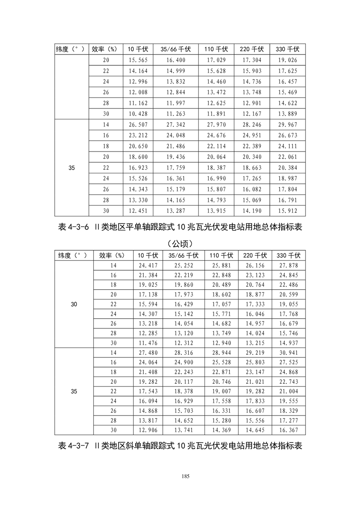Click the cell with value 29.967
[x=287, y=125]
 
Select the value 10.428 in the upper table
[x=138, y=114]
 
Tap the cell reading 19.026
[x=287, y=60]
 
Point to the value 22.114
[x=216, y=147]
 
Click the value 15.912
[x=287, y=211]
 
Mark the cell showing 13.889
[x=287, y=114]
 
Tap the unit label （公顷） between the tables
[x=180, y=243]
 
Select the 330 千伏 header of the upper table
[x=287, y=49]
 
